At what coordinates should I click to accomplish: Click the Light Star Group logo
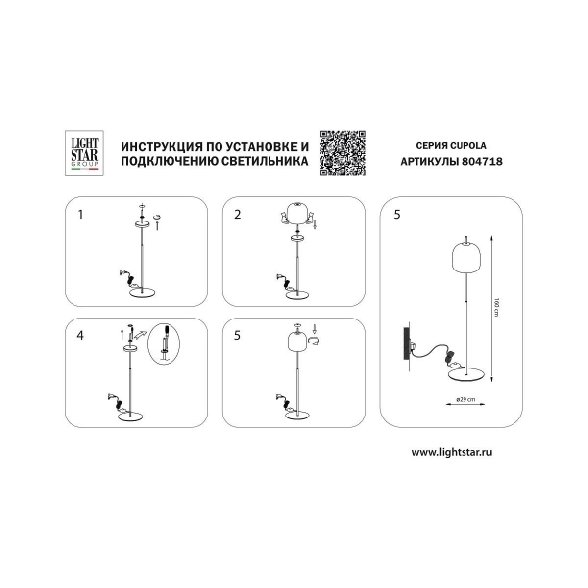[x=84, y=154]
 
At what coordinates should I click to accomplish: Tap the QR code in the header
[x=343, y=154]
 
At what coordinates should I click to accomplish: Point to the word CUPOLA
[x=468, y=145]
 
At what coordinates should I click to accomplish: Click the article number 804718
[x=482, y=162]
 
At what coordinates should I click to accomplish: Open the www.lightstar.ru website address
[x=452, y=452]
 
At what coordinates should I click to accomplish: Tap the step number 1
[x=80, y=214]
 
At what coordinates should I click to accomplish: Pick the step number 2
[x=238, y=214]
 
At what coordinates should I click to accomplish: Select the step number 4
[x=80, y=335]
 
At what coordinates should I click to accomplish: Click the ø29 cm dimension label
[x=465, y=399]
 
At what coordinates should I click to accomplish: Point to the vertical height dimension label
[x=497, y=307]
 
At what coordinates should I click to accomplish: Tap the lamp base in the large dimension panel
[x=467, y=374]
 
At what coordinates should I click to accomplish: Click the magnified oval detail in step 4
[x=164, y=344]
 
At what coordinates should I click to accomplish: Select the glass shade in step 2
[x=297, y=213]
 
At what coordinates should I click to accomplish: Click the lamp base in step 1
[x=142, y=292]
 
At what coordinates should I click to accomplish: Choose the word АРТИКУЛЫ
[x=429, y=162]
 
